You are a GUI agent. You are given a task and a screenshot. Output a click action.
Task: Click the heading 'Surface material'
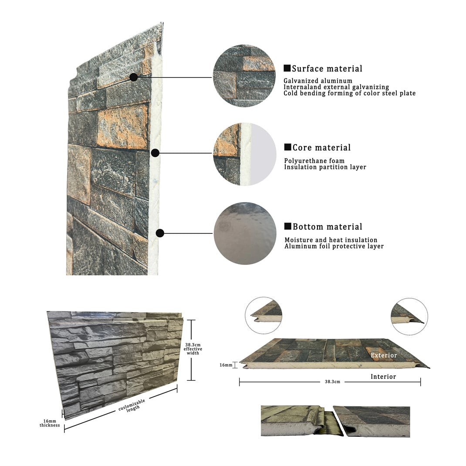point(327,69)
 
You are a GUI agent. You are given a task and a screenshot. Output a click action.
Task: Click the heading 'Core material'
point(321,147)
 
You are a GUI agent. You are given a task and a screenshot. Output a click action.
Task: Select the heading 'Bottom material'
point(328,227)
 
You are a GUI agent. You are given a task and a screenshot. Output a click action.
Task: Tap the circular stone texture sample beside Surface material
point(244,76)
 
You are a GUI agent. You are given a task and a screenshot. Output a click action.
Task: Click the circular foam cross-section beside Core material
point(245,154)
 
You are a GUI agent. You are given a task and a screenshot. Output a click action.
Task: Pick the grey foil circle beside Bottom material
point(245,233)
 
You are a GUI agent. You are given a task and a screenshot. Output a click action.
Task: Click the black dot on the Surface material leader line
point(134,77)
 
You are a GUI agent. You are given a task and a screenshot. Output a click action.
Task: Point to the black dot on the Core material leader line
point(155,153)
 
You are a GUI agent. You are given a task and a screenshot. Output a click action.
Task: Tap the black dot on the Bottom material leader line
point(160,233)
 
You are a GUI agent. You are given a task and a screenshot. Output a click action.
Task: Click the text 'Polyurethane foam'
point(314,161)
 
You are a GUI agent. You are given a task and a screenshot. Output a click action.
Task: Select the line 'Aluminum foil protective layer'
point(334,246)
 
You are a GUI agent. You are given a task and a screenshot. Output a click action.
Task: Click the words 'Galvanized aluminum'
point(317,81)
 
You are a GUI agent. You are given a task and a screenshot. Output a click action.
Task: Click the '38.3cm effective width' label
point(193,349)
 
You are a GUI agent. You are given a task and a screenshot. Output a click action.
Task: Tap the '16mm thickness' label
point(50,423)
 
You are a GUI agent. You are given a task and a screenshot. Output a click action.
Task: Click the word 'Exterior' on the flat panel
point(384,355)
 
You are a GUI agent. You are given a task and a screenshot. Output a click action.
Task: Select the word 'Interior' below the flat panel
point(383,377)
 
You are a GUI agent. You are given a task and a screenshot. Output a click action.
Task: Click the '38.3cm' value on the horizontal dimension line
point(332,382)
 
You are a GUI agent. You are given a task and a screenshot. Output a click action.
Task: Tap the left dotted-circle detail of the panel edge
point(263,316)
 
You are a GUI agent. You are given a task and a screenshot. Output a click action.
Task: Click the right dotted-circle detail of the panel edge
point(409,317)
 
